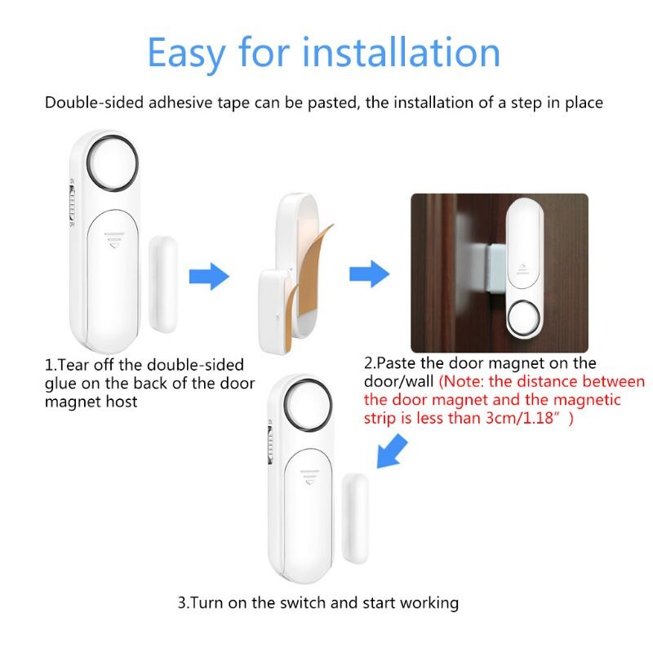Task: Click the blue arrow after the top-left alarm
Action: tap(210, 276)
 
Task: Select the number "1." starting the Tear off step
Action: tap(51, 364)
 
